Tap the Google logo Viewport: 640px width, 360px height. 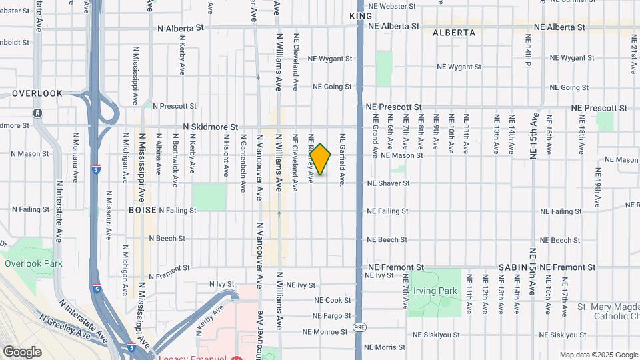point(23,351)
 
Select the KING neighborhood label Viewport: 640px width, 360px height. point(360,15)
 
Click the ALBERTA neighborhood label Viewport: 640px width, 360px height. point(454,33)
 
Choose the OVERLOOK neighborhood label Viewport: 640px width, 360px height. point(37,94)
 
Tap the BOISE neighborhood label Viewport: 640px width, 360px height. point(142,210)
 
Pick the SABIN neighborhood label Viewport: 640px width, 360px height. point(513,267)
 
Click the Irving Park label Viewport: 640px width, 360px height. point(435,291)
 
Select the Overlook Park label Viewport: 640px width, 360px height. point(33,263)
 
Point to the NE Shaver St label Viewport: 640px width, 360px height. point(397,183)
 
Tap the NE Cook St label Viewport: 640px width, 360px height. point(332,301)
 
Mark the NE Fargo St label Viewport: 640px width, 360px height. point(331,316)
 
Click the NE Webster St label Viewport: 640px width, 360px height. point(392,6)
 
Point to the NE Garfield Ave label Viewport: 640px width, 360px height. point(343,160)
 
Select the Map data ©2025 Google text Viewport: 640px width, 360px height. point(597,355)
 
